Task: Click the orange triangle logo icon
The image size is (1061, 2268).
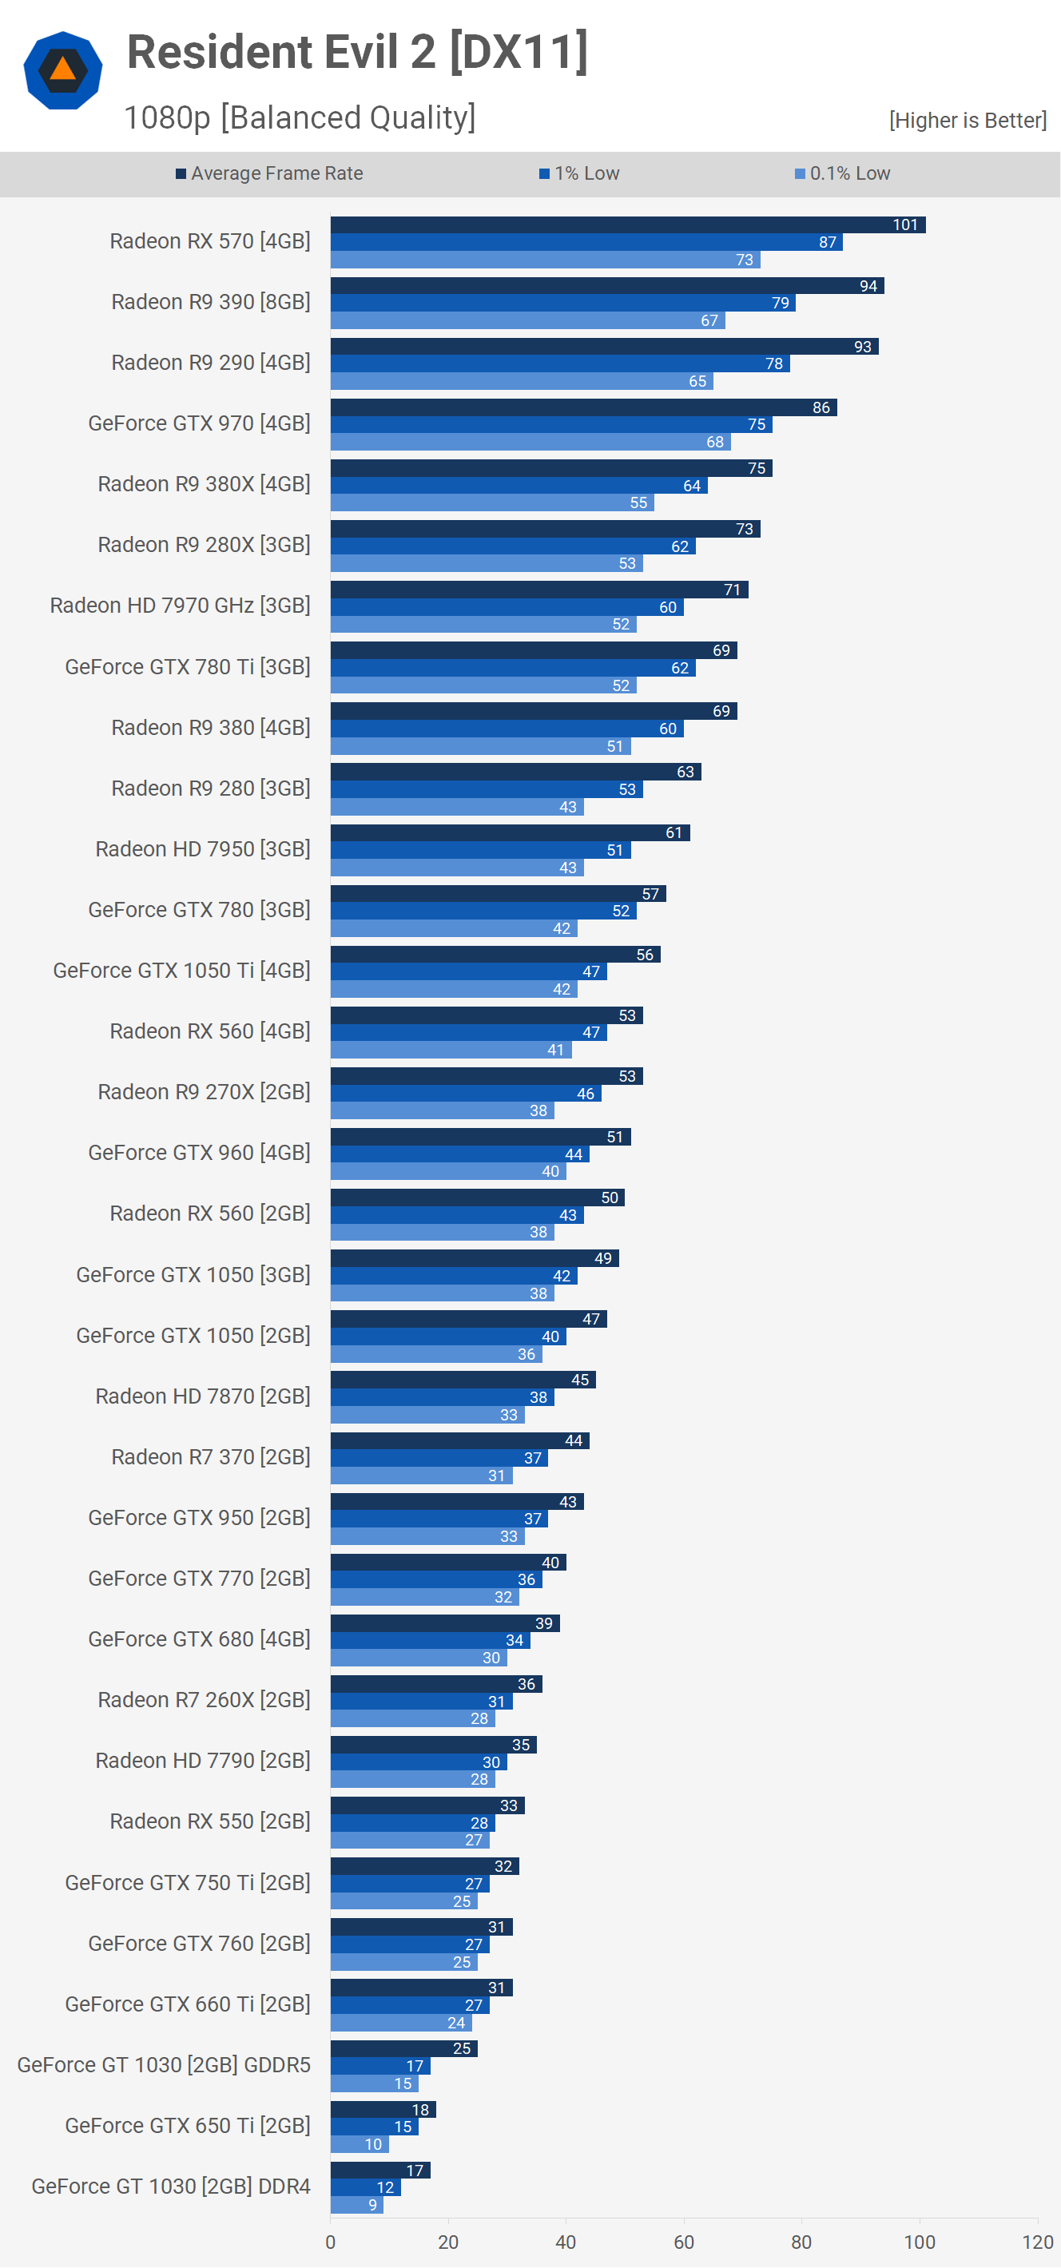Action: (62, 70)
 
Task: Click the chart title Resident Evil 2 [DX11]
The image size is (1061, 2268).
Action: (356, 52)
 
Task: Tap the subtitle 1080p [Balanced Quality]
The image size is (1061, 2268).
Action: (300, 117)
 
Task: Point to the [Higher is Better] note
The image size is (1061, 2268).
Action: (967, 121)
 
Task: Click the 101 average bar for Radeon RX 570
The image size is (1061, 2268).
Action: (627, 225)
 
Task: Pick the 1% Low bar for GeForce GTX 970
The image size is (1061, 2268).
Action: (550, 424)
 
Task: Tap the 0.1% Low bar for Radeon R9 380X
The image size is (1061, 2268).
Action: (491, 502)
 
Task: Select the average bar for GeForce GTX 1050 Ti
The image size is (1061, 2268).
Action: (495, 955)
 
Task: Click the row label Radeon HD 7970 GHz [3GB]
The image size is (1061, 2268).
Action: (180, 606)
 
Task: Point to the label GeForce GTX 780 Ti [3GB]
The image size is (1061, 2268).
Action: (188, 666)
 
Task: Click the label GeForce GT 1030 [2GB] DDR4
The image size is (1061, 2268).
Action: (171, 2187)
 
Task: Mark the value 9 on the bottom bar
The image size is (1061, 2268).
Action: (372, 2205)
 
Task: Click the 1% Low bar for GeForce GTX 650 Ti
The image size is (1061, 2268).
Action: (373, 2127)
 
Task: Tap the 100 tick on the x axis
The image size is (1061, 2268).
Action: (920, 2242)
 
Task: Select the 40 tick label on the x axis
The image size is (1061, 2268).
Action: (566, 2242)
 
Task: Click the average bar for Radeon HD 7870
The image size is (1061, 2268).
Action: (463, 1380)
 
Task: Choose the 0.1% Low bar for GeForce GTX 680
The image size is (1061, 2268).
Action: (418, 1658)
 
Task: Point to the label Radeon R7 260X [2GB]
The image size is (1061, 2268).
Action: (204, 1700)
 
